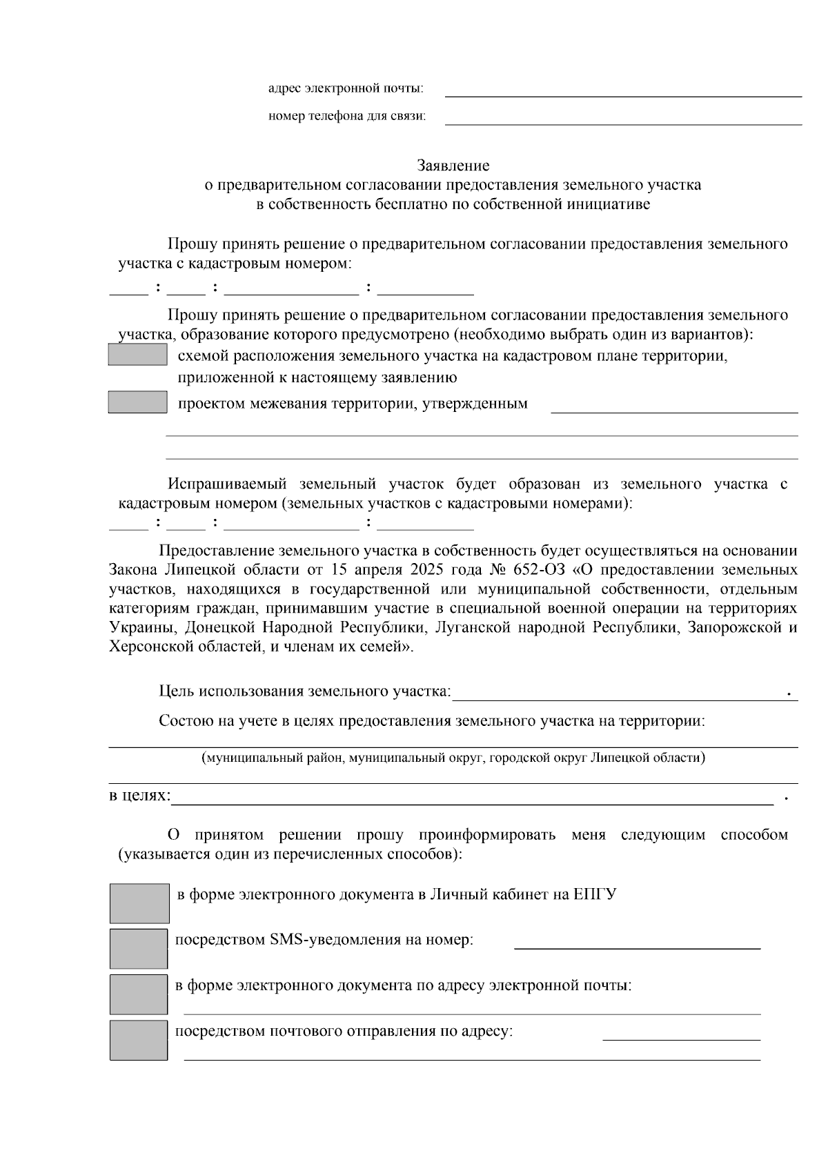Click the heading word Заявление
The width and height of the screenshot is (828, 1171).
point(453,166)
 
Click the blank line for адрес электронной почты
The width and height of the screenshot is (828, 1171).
point(623,90)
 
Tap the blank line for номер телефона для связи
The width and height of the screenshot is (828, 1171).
point(623,118)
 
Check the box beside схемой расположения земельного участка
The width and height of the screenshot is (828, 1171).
point(138,355)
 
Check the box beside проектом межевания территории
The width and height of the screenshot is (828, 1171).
point(138,402)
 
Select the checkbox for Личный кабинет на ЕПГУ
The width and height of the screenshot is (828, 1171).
point(139,903)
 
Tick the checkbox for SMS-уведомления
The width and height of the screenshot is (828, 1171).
point(139,948)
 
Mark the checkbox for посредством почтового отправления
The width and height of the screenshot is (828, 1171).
point(139,1040)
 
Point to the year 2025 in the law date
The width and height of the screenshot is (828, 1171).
point(426,571)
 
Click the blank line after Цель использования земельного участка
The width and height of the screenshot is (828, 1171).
point(618,694)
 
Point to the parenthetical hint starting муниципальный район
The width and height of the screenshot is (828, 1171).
point(453,758)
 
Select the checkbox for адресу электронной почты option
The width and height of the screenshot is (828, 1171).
point(139,994)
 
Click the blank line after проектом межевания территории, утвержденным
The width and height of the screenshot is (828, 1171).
point(673,407)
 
